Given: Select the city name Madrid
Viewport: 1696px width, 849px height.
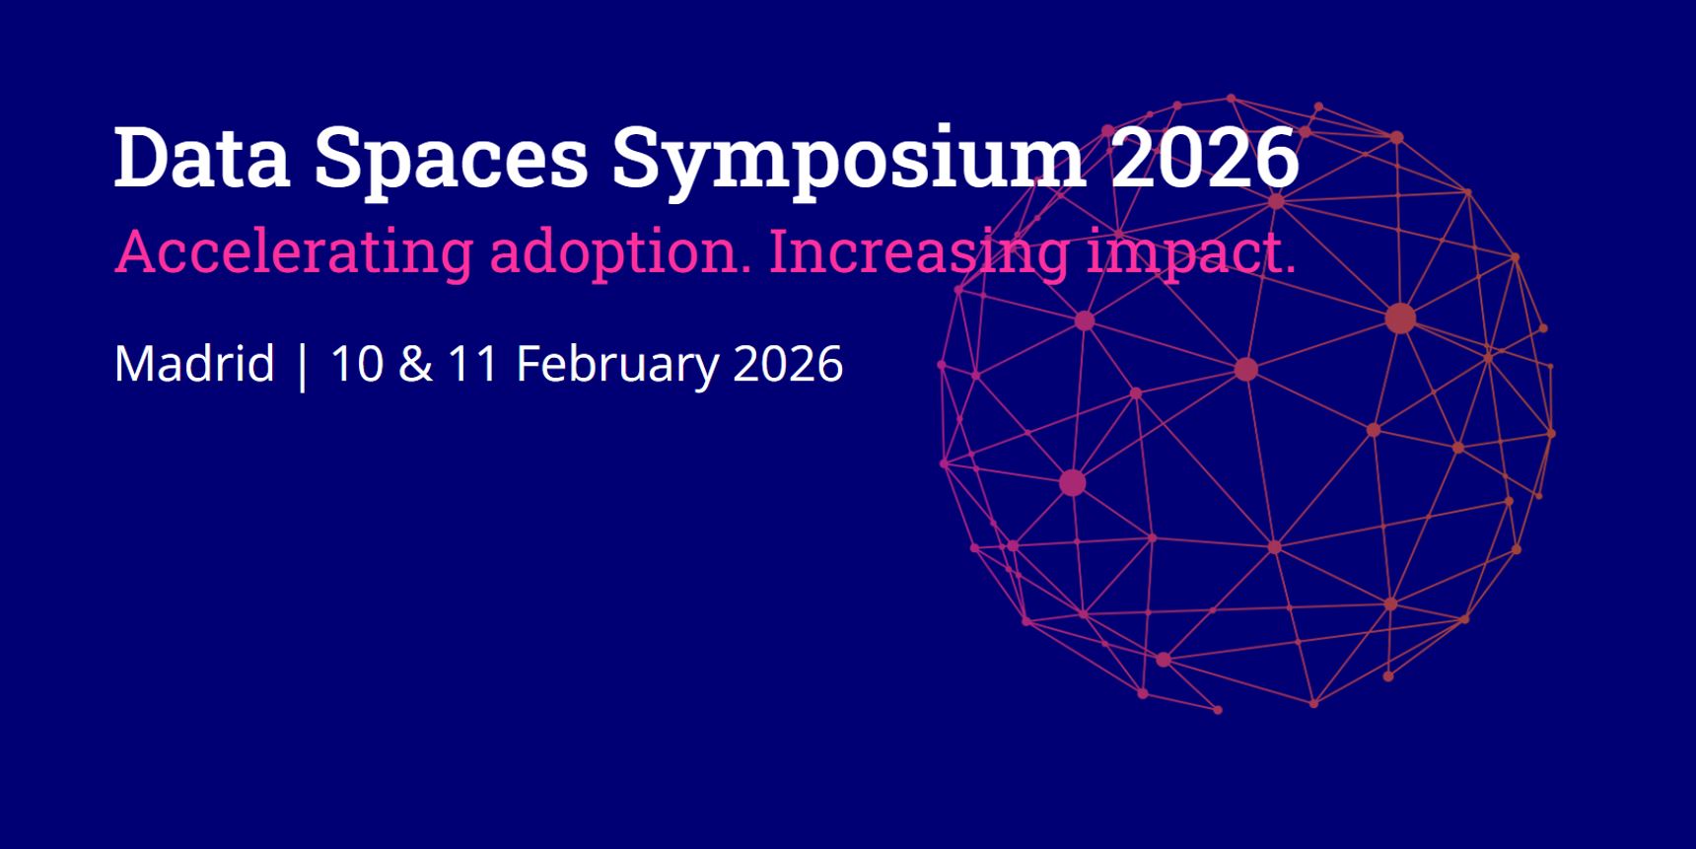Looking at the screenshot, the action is tap(194, 363).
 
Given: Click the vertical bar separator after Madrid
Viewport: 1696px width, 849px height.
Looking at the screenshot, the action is tap(303, 365).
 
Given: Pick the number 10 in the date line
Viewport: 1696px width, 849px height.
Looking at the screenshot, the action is tap(357, 363).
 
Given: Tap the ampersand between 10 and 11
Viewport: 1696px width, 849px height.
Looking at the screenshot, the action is tap(415, 363).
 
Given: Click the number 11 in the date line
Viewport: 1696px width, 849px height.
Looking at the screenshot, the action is tap(473, 363).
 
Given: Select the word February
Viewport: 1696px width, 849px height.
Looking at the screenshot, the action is tap(618, 365).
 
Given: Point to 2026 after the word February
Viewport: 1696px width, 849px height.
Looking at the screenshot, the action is tap(789, 363).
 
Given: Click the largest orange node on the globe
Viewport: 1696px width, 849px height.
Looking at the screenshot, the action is tap(1400, 318).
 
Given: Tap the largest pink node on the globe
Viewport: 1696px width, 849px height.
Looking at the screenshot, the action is tap(1073, 482).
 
